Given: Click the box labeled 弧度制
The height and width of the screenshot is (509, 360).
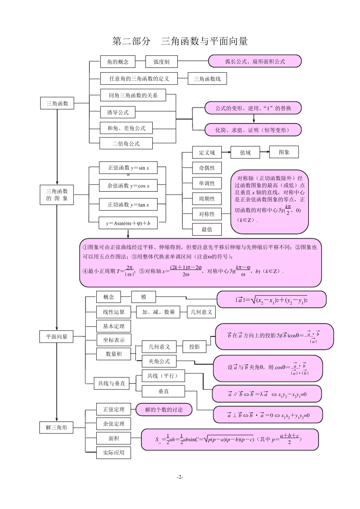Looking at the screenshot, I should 161,62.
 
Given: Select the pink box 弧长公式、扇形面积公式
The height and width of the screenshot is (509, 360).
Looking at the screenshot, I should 255,61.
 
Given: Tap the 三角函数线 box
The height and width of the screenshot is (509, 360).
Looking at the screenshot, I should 207,79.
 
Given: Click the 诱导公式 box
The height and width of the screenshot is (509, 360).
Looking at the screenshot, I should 118,112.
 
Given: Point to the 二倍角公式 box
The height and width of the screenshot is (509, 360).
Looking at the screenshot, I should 126,144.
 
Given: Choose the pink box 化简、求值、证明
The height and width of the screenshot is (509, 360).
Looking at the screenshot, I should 253,130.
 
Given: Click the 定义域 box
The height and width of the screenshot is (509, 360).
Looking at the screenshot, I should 207,153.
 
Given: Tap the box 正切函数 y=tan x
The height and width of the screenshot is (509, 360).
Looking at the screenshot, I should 128,205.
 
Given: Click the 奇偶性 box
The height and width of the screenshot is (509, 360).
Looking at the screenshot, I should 207,168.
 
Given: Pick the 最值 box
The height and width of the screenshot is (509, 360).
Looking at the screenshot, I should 207,230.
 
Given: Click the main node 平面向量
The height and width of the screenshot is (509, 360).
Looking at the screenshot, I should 57,336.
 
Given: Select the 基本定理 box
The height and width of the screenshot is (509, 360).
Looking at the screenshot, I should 114,326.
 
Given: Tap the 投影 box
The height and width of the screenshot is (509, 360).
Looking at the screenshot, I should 194,347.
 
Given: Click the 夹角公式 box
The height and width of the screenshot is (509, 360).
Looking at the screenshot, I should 159,362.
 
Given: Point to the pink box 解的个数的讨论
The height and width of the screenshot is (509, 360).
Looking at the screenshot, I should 164,409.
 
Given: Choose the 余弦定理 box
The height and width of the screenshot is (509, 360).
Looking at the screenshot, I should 114,424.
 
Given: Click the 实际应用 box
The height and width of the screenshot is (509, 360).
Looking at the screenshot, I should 114,453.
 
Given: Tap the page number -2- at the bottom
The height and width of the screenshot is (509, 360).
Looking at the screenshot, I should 180,477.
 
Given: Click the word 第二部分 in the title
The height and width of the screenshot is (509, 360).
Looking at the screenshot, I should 131,41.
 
